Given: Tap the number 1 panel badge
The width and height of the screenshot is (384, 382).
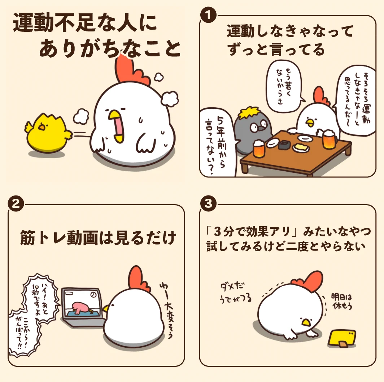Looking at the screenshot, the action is point(208,15).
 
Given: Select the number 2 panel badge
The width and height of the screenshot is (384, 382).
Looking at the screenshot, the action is point(16,203).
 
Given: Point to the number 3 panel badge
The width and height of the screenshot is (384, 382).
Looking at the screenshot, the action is point(208,203).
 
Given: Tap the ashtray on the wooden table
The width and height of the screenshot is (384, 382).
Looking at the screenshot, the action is point(284,145).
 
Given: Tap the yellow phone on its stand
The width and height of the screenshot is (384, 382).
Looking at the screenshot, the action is point(341,338).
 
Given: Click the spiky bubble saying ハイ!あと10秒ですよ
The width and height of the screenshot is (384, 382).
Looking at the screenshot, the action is point(41,298).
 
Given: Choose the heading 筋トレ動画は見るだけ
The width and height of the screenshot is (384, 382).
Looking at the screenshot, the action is point(98,237).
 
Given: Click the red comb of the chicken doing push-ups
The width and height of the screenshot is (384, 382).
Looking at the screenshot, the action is point(309,281).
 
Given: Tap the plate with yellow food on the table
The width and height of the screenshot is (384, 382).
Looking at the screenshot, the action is point(301,147).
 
